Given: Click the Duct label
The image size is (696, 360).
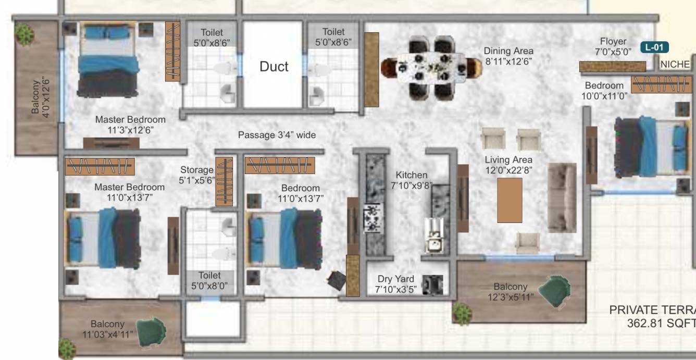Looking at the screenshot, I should click(x=274, y=67).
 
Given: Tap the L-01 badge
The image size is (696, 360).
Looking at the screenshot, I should click(x=654, y=47).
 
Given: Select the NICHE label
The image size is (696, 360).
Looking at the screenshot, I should click(x=675, y=65).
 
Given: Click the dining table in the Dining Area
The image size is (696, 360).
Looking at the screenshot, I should click(x=431, y=68).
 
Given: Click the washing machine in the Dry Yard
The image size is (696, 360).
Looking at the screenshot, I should click(x=432, y=284).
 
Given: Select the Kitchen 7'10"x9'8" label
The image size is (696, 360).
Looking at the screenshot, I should click(x=411, y=181).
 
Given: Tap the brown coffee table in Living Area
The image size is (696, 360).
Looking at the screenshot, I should click(x=509, y=200).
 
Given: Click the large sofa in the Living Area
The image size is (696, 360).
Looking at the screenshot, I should click(x=562, y=197).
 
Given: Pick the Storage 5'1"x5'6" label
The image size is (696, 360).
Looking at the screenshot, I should click(x=197, y=175).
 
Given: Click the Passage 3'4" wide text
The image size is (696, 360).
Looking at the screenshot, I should click(x=277, y=135).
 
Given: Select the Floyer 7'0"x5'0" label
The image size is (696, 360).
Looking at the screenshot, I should click(x=613, y=47).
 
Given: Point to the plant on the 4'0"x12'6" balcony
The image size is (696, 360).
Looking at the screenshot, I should click(x=24, y=34).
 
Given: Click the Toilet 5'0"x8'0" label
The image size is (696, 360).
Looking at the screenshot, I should click(x=209, y=280).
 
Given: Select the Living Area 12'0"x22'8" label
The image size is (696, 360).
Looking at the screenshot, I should click(x=508, y=165).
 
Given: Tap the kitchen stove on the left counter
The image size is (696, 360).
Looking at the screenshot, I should click(x=374, y=217).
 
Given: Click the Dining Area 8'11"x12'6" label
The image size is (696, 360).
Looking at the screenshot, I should click(x=508, y=56).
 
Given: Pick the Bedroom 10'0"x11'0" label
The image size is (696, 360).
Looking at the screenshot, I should click(x=604, y=91).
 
